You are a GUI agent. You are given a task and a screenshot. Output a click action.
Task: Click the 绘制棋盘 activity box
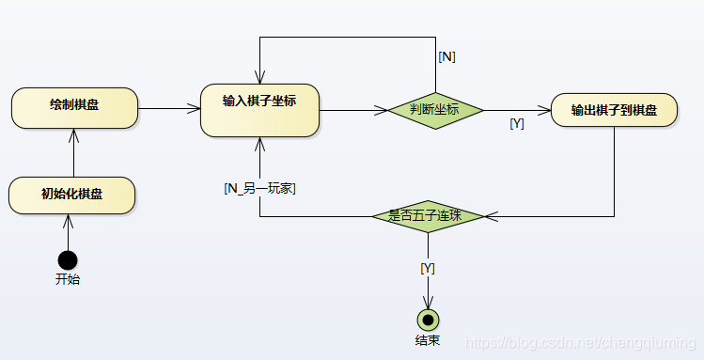click(x=75, y=108)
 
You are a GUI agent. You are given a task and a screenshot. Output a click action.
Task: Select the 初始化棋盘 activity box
click(x=71, y=195)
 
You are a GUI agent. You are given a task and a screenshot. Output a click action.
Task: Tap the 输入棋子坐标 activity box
click(x=259, y=110)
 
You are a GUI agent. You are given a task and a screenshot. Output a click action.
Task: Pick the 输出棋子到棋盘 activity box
click(x=614, y=110)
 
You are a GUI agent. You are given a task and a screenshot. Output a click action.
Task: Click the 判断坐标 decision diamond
click(x=435, y=110)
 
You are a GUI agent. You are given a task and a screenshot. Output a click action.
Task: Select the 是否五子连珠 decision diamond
click(x=429, y=215)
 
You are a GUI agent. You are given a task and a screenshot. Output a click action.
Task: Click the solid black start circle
click(x=68, y=259)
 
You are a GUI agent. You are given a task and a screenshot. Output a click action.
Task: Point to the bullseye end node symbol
click(x=429, y=320)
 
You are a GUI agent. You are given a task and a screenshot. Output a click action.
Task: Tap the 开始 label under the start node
click(x=68, y=279)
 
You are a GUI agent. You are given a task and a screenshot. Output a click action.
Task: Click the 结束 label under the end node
click(x=428, y=340)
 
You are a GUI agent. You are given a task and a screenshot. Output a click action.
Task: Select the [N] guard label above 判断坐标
click(x=447, y=56)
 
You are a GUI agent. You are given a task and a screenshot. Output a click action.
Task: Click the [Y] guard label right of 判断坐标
click(x=516, y=123)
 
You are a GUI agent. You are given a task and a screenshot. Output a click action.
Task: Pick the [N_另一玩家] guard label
click(x=260, y=188)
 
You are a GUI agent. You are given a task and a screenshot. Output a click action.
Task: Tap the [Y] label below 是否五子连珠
click(x=428, y=268)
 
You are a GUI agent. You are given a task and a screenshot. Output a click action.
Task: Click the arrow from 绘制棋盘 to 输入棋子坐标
click(x=169, y=109)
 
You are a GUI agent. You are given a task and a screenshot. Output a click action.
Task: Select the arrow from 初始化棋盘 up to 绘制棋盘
click(x=72, y=153)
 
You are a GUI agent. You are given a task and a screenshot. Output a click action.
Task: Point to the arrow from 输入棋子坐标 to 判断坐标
click(x=353, y=110)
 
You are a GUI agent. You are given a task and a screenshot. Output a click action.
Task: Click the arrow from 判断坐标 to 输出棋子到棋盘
click(x=516, y=110)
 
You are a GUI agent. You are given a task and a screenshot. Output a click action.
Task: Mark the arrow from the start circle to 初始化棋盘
click(x=68, y=232)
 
